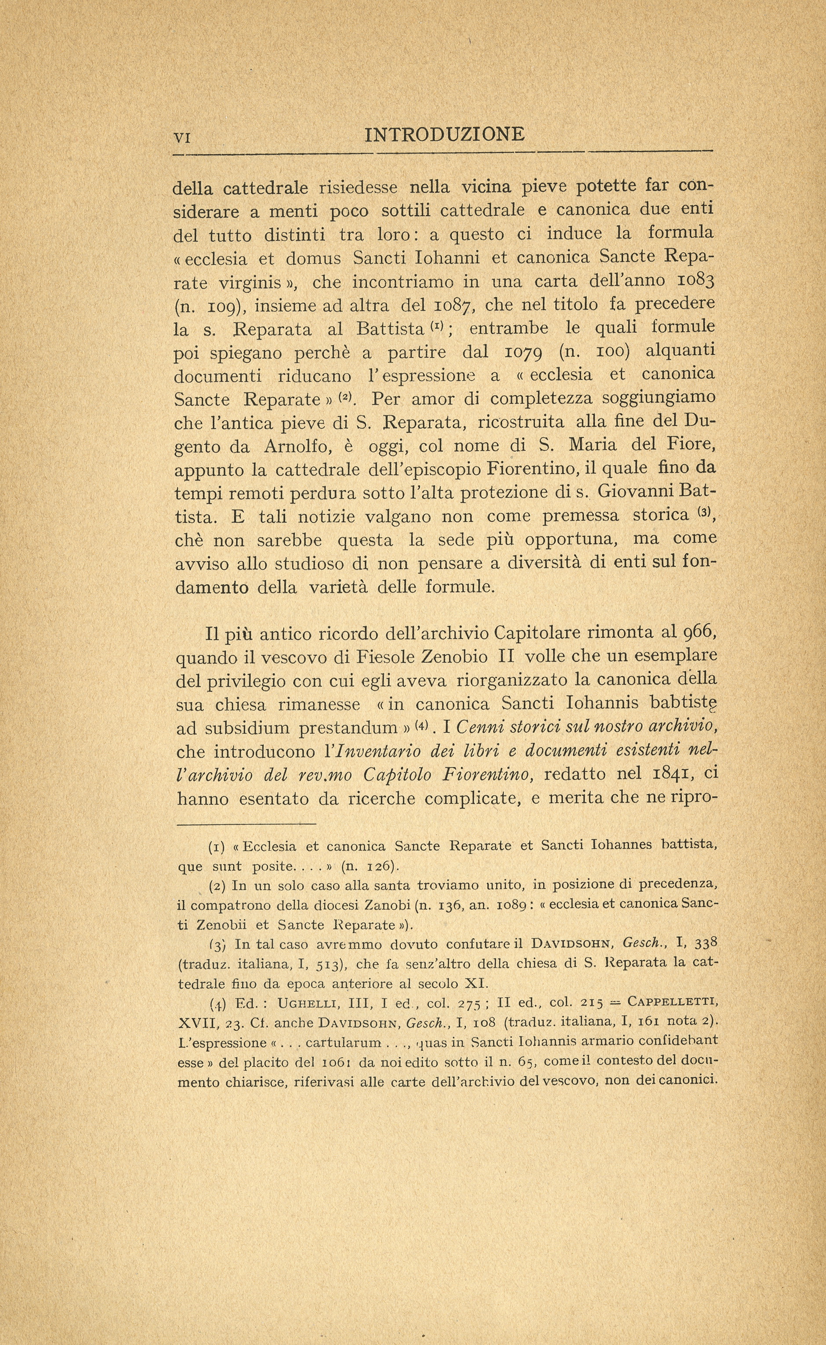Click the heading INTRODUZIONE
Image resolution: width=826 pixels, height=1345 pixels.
444,134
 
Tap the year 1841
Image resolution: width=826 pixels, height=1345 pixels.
671,774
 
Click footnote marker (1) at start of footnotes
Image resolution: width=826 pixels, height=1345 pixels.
218,847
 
